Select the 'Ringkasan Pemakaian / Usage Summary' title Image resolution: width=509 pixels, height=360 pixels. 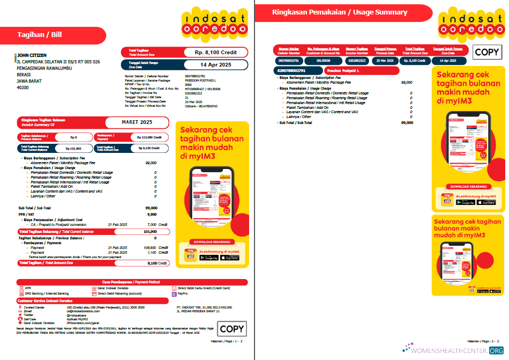point(339,12)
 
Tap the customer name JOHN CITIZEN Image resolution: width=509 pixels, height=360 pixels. point(32,55)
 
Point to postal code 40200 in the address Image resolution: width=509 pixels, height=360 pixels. point(23,87)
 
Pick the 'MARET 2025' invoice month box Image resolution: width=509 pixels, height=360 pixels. point(137,122)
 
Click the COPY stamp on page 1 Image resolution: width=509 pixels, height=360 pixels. point(231,329)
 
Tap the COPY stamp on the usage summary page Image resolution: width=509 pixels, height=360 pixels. point(487,52)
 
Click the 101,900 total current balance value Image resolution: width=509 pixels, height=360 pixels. point(150,232)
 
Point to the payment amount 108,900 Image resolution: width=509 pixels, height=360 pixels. point(150,247)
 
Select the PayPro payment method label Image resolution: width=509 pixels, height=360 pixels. point(183,293)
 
